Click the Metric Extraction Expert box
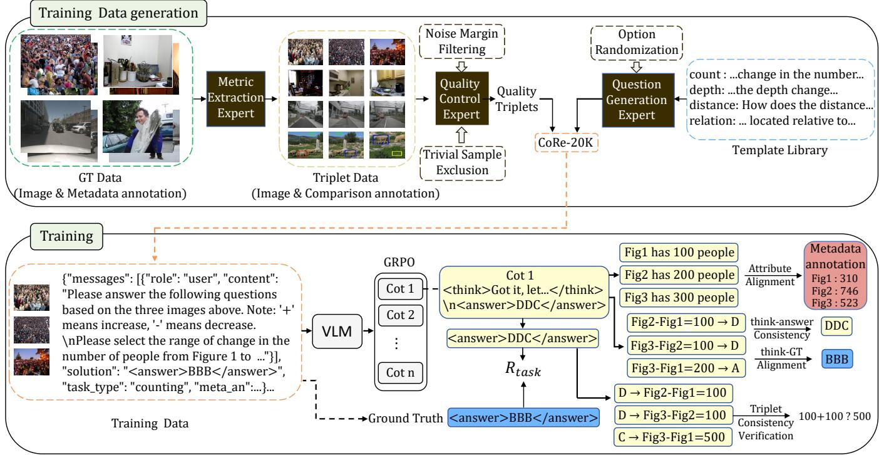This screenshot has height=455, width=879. tap(236, 98)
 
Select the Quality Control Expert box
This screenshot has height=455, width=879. tap(462, 98)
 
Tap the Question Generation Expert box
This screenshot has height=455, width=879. tap(638, 100)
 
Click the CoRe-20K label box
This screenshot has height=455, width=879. tap(566, 142)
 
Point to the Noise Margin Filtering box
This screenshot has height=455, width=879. tap(462, 41)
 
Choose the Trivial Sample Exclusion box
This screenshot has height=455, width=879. tap(462, 163)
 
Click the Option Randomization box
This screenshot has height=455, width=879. tap(637, 43)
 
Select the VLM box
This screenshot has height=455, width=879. tap(337, 331)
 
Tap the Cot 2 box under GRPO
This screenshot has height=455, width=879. tap(400, 315)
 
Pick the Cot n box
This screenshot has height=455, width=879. tap(400, 372)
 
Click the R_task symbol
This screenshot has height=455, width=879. tap(523, 369)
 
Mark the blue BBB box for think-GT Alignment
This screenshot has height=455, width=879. tap(837, 358)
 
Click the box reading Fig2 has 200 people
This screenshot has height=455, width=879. tap(679, 275)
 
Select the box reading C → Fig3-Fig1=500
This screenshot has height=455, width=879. tap(673, 437)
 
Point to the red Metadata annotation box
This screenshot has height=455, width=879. tap(835, 275)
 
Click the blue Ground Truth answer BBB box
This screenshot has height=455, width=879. tap(523, 417)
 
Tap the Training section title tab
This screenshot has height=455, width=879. tap(67, 236)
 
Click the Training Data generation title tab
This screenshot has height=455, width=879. tap(118, 13)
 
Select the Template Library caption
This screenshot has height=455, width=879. tap(779, 150)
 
